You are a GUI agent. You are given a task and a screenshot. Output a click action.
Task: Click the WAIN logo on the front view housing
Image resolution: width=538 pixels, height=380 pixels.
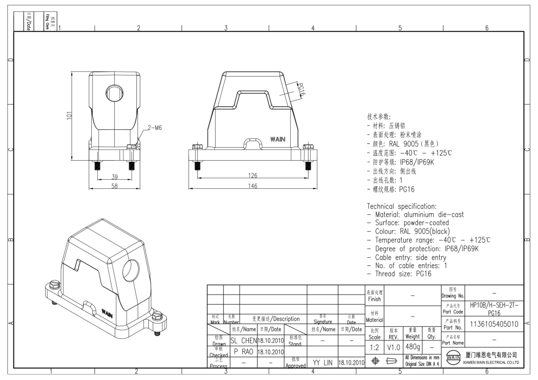point(278,140)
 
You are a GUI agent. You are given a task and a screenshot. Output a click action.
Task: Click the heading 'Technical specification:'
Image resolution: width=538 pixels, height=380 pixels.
point(402,207)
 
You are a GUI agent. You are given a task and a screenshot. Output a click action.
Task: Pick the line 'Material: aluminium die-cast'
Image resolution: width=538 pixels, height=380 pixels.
point(416,215)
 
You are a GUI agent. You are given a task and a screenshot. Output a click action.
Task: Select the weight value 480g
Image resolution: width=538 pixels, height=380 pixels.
point(412,346)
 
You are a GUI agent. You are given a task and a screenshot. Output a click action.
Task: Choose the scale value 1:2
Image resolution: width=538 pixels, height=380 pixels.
point(375,346)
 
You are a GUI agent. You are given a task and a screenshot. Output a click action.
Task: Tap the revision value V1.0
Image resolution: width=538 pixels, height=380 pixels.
point(393,346)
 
